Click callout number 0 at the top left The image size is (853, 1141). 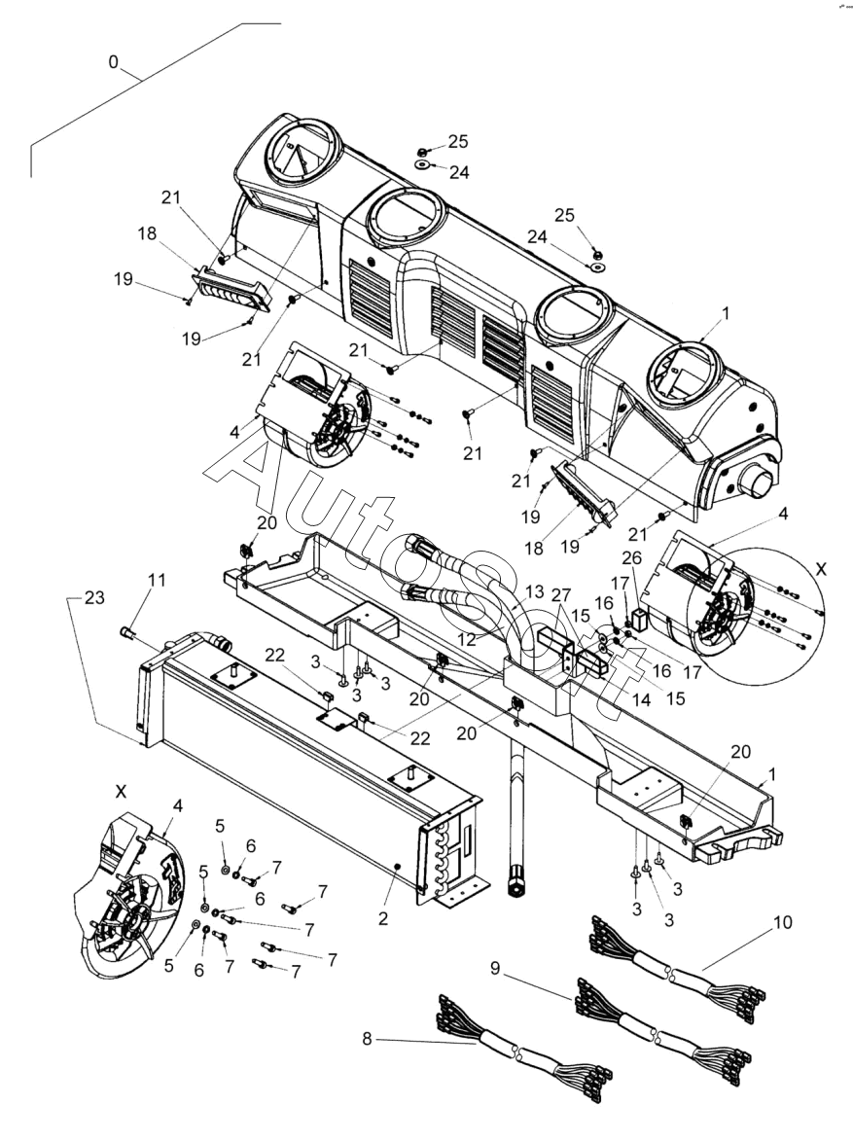tap(113, 62)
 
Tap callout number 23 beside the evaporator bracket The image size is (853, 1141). tap(94, 597)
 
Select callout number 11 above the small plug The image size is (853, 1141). tap(157, 581)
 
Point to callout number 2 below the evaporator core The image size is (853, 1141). tap(383, 918)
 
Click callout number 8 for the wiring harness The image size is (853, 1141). tap(367, 1039)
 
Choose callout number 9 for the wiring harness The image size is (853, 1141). tap(496, 969)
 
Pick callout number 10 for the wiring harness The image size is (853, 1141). tap(782, 923)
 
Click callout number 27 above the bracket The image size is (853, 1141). tap(561, 594)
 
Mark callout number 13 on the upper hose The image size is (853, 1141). tap(534, 591)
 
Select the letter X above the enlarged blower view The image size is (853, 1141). tap(121, 791)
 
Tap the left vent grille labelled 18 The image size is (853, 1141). tap(230, 288)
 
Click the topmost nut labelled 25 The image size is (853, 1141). tap(423, 152)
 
